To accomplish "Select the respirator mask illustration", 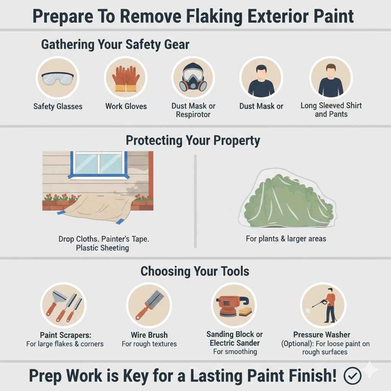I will click(x=194, y=79).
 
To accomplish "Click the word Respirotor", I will click(x=193, y=115).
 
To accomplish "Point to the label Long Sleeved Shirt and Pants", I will click(x=331, y=110).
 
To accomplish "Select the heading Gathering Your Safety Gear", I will click(x=115, y=44).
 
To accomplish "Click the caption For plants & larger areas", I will click(x=286, y=239).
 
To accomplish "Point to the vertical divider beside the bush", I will click(x=195, y=200).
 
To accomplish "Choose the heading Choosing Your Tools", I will click(x=195, y=271).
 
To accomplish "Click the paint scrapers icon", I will click(x=63, y=305).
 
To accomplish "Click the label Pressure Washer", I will click(x=322, y=335).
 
